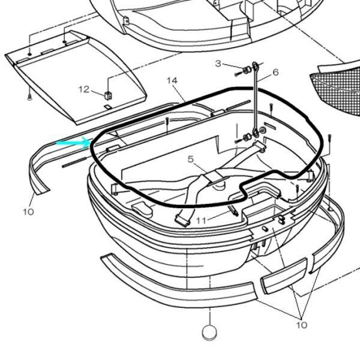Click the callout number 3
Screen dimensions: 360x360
point(218,64)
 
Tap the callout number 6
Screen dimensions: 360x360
point(275,72)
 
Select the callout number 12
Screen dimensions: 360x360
point(84,89)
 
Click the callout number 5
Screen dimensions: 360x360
point(190,160)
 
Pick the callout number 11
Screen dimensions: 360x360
point(200,220)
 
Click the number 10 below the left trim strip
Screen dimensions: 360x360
point(29,211)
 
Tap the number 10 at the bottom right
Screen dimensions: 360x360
point(301,325)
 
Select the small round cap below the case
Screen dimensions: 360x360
point(209,332)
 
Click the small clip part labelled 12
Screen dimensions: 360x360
point(109,94)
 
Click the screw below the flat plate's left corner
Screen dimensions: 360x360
point(28,96)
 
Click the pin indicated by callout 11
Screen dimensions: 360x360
point(234,211)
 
